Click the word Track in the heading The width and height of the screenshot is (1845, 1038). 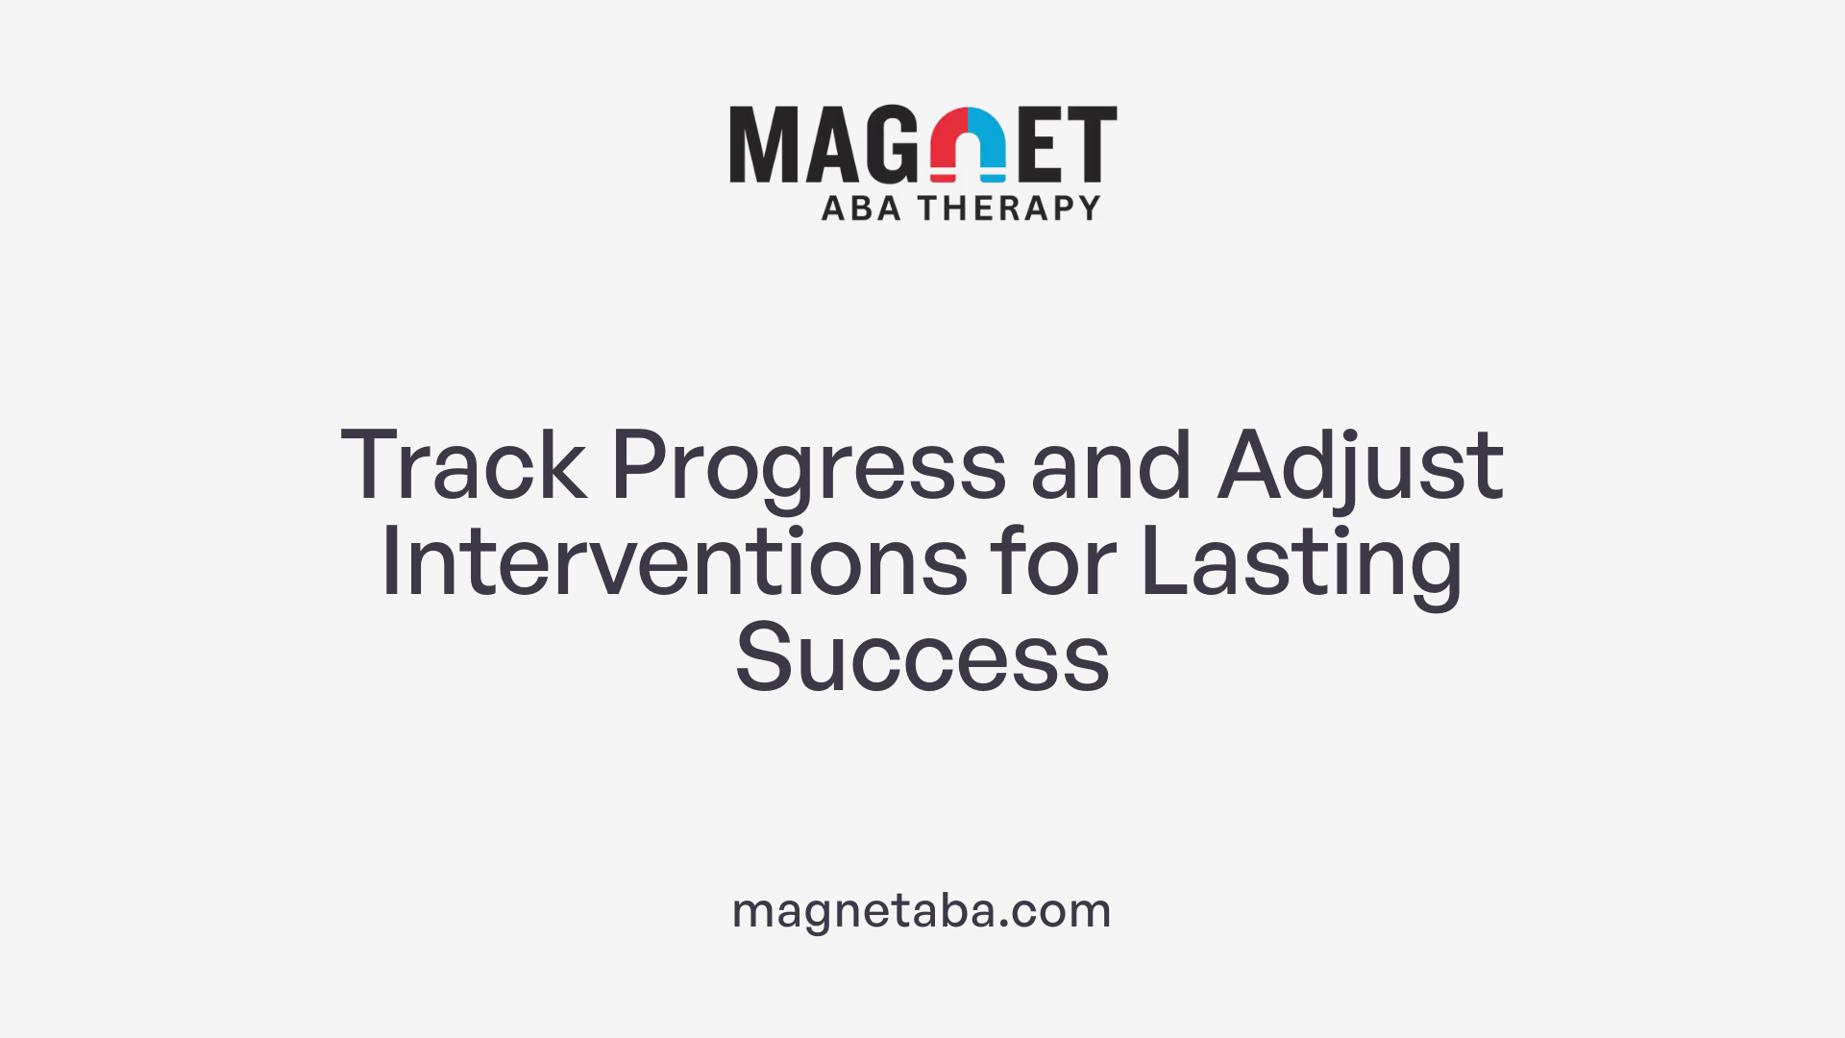click(x=463, y=466)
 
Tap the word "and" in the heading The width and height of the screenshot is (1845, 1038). click(x=1111, y=466)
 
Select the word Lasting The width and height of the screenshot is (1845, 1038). click(x=1301, y=564)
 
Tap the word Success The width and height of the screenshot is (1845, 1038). click(x=922, y=658)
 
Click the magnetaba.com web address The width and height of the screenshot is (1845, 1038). click(x=922, y=910)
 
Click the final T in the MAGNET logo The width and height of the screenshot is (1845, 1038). click(x=1092, y=144)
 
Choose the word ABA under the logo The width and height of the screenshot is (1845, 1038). click(x=861, y=209)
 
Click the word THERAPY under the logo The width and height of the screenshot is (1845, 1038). click(x=1009, y=209)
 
